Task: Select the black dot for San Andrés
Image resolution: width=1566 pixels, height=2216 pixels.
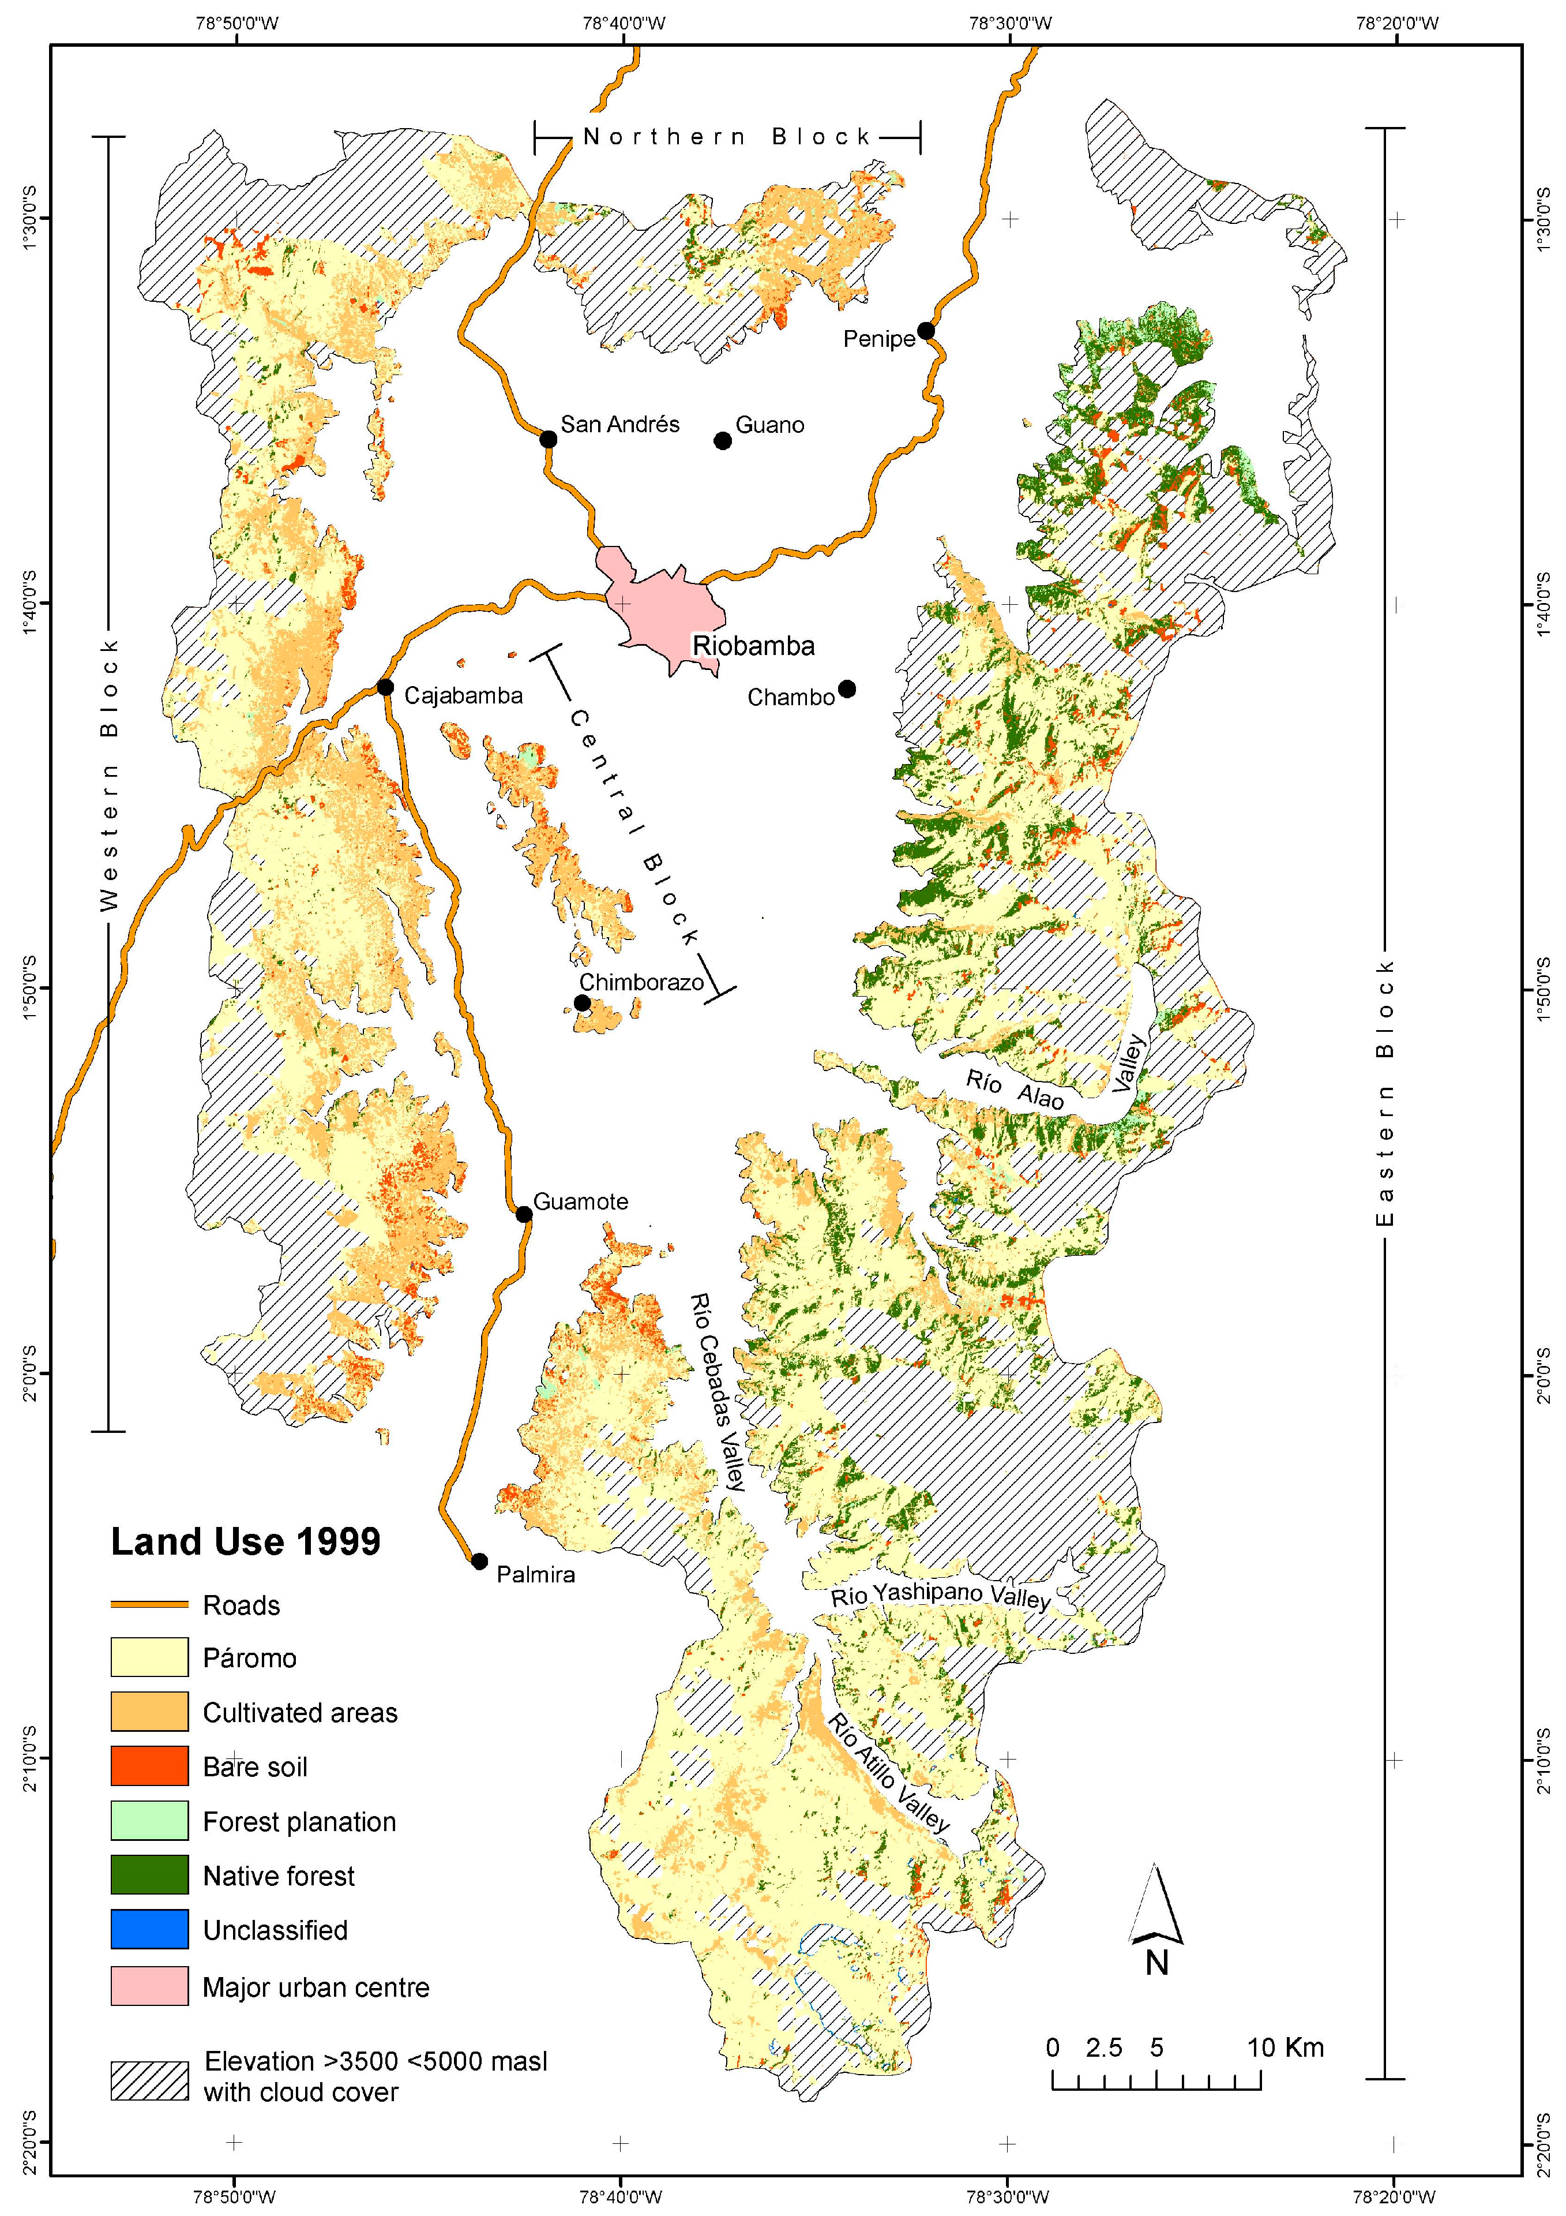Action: [548, 439]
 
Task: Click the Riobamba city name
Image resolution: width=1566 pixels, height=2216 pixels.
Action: [753, 646]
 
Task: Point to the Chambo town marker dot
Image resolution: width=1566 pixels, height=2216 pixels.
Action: [847, 688]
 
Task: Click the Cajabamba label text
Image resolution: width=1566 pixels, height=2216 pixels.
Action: [463, 696]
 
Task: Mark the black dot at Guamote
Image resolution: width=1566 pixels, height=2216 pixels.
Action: [524, 1214]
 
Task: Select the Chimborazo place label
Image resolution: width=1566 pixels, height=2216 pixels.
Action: [641, 983]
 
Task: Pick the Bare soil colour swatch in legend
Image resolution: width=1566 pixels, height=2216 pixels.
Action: [149, 1766]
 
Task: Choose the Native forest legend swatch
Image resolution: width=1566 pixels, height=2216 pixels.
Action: [149, 1876]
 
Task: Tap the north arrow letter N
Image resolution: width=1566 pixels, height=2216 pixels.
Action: [1157, 1963]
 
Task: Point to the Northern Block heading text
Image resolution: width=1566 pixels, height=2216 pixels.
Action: [727, 137]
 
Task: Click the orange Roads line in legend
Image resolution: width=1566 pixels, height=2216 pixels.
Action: [149, 1604]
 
